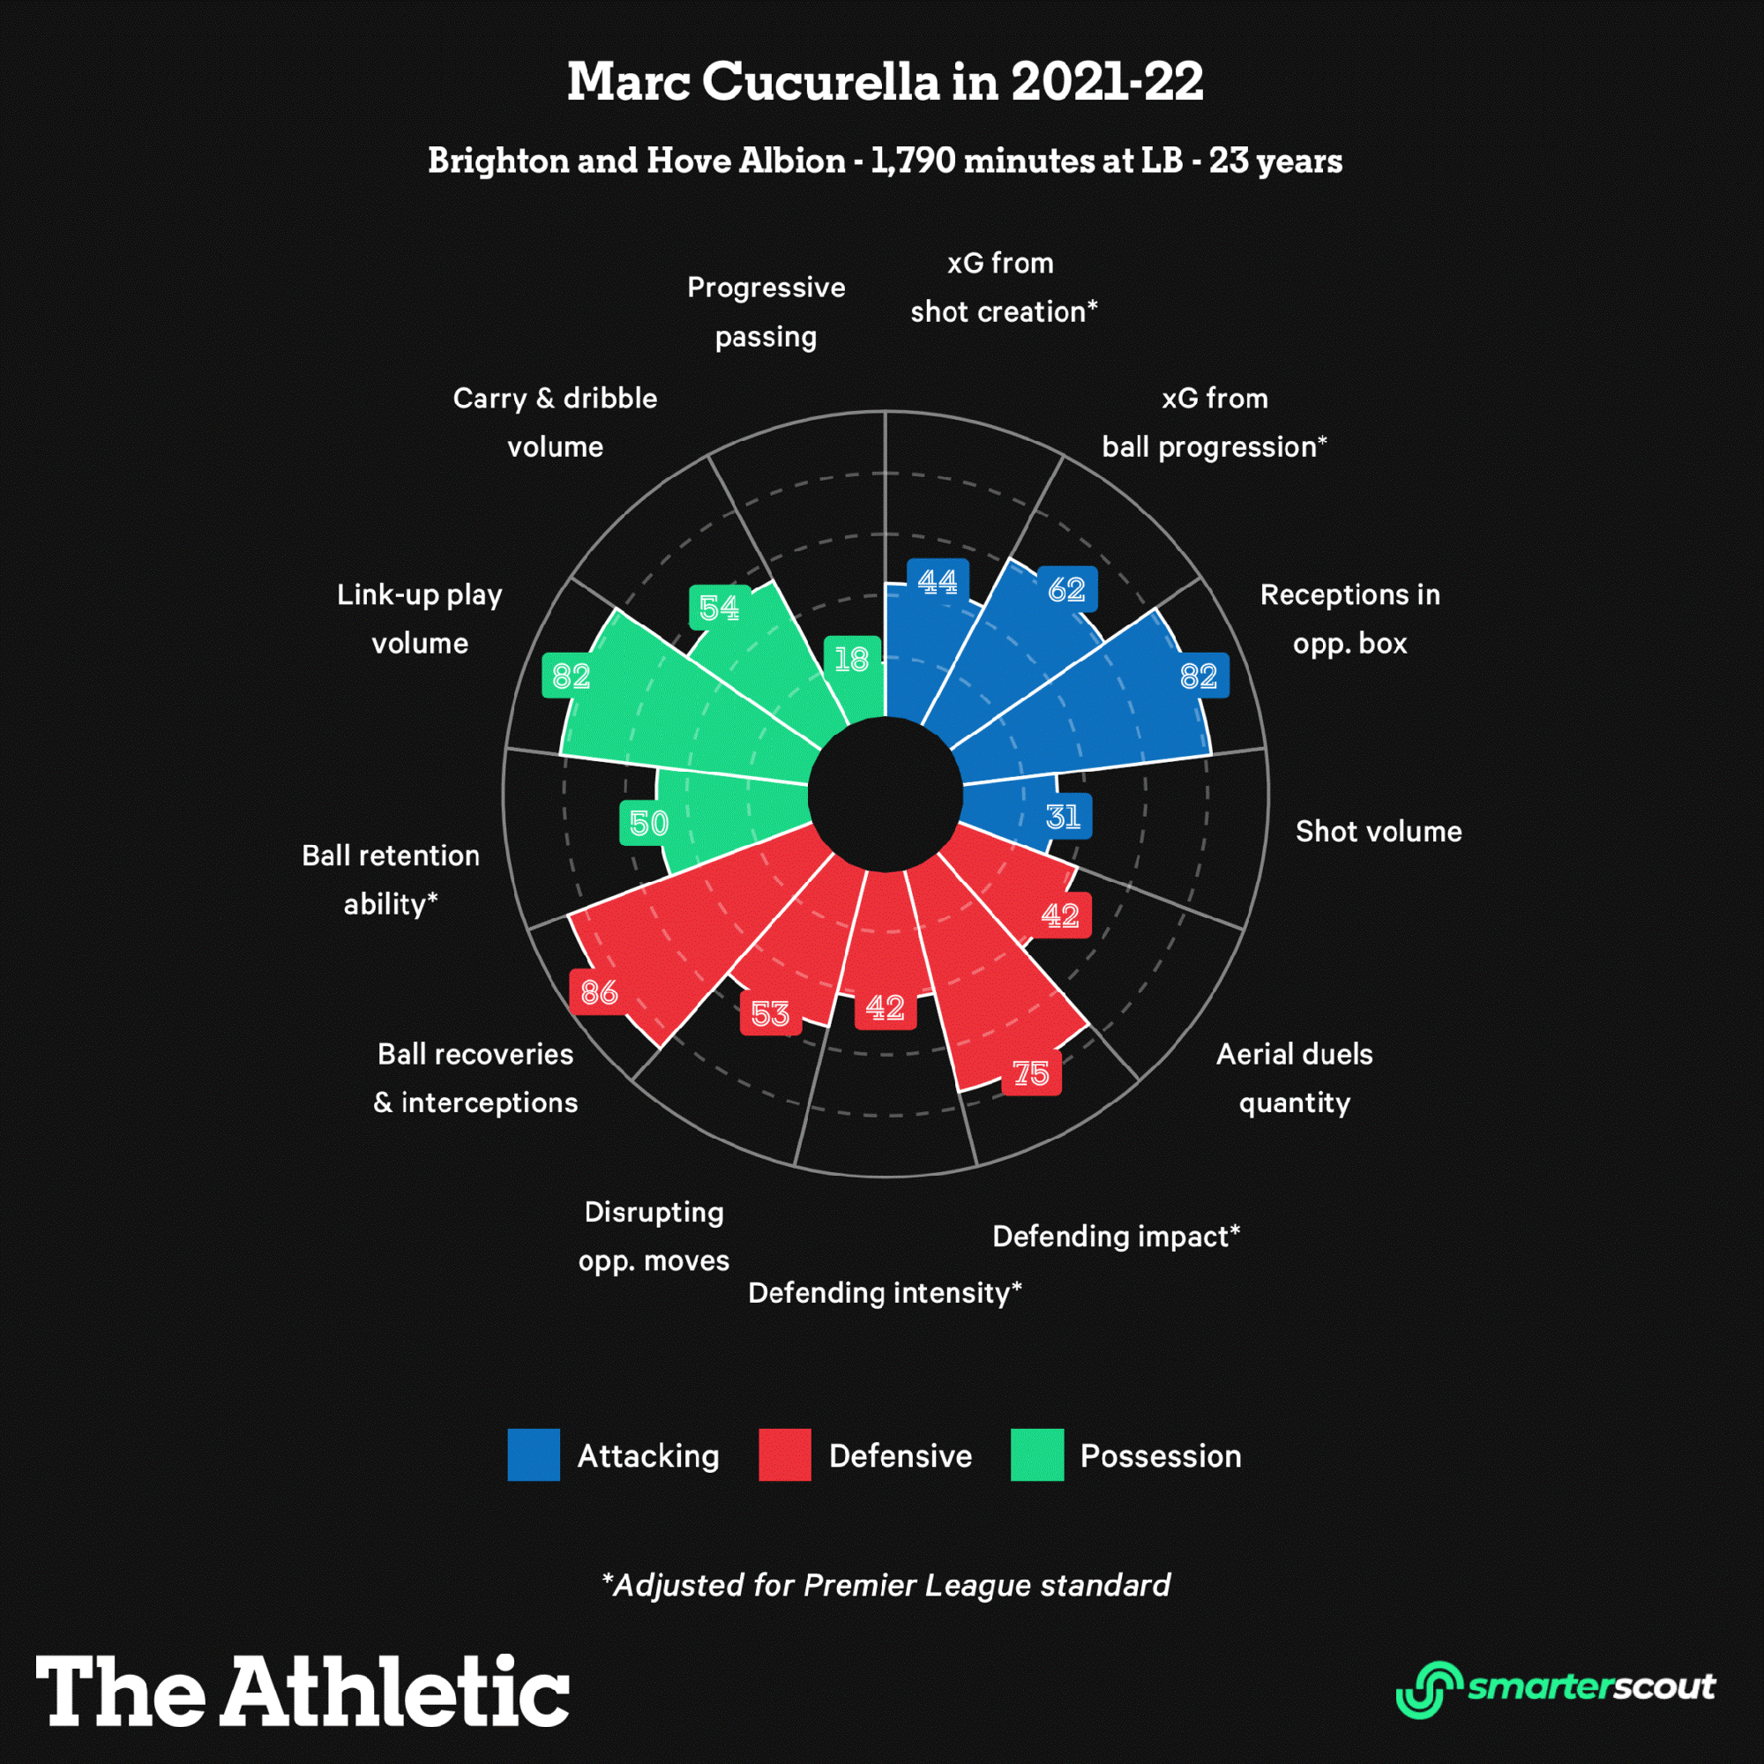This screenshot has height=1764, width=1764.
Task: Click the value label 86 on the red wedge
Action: [599, 991]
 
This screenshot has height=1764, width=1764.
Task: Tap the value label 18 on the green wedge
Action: [852, 658]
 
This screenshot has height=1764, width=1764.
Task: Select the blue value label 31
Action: [1064, 816]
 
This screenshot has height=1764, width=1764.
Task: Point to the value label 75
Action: [1031, 1073]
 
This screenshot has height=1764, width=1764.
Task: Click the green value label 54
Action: [719, 607]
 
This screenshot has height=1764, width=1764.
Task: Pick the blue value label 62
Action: [1066, 589]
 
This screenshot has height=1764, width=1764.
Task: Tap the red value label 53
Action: [770, 1013]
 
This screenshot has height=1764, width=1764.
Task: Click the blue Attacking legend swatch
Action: [534, 1454]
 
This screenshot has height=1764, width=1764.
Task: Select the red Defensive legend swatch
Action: [784, 1454]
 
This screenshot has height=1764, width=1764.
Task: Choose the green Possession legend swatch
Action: [1036, 1454]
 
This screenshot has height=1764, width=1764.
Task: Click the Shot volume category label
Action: [1378, 831]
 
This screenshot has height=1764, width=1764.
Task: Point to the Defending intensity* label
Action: [884, 1292]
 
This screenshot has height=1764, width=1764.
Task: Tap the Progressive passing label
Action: [766, 311]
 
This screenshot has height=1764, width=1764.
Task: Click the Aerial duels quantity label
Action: [1294, 1078]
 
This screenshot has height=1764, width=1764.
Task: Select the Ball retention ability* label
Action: [391, 879]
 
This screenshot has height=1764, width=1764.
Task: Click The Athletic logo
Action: [303, 1690]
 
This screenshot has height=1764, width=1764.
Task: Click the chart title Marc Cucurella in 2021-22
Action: [884, 82]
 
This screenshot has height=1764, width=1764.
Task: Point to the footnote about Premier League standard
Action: [886, 1585]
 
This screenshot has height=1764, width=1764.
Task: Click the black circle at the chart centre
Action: [885, 794]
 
